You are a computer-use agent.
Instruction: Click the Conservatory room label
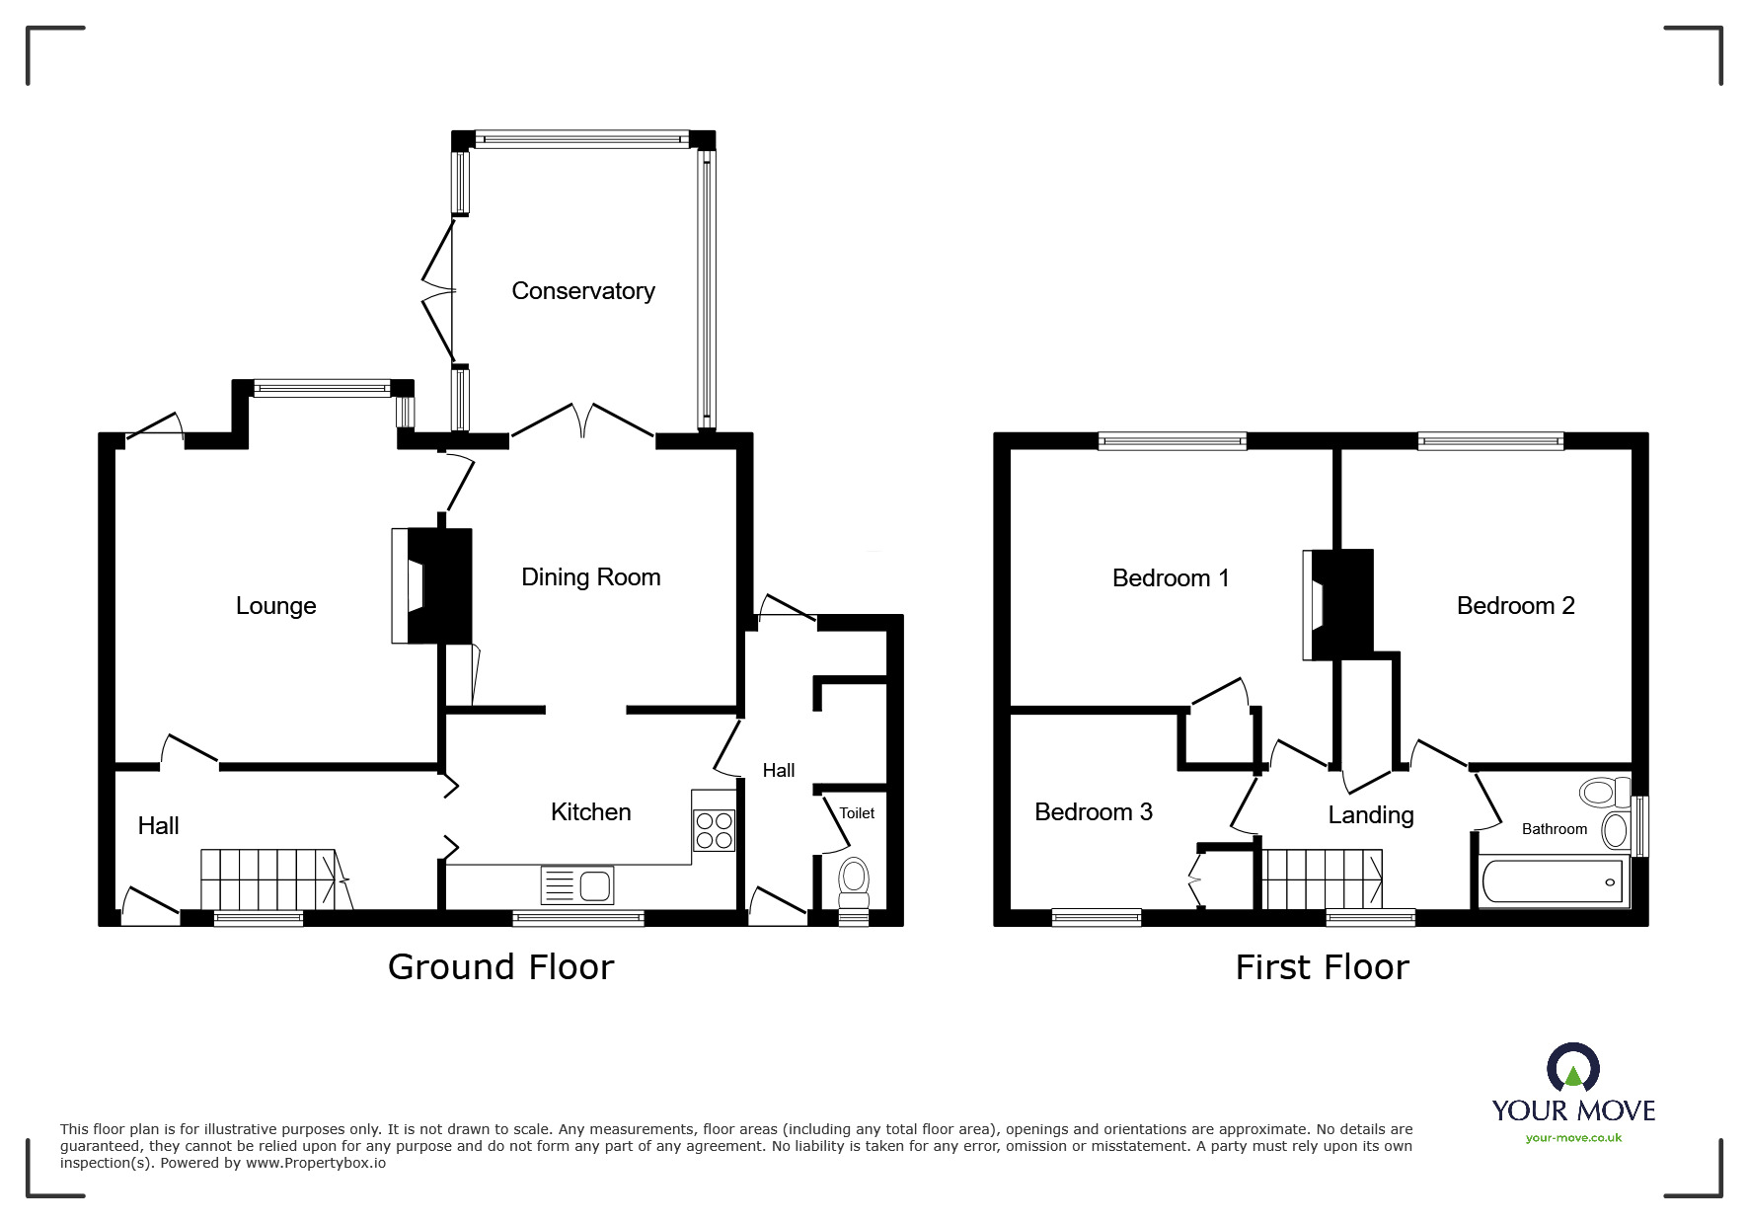tap(582, 291)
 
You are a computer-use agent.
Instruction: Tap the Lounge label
tap(275, 606)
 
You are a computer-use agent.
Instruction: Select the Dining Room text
tap(590, 577)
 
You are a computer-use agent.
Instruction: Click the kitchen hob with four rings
tap(714, 829)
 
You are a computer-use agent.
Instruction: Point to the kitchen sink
tap(577, 885)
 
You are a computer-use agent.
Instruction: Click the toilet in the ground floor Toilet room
tap(854, 881)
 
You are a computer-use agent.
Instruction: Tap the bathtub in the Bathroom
tap(1552, 880)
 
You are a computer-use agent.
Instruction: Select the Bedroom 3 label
tap(1093, 812)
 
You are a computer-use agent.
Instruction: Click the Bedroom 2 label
tap(1515, 606)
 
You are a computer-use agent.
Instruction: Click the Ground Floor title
tap(500, 967)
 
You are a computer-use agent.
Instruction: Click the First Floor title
tap(1322, 967)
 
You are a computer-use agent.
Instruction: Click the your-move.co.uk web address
tap(1573, 1138)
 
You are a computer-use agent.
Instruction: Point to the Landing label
tap(1370, 815)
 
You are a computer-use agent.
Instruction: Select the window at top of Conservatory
tap(582, 140)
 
